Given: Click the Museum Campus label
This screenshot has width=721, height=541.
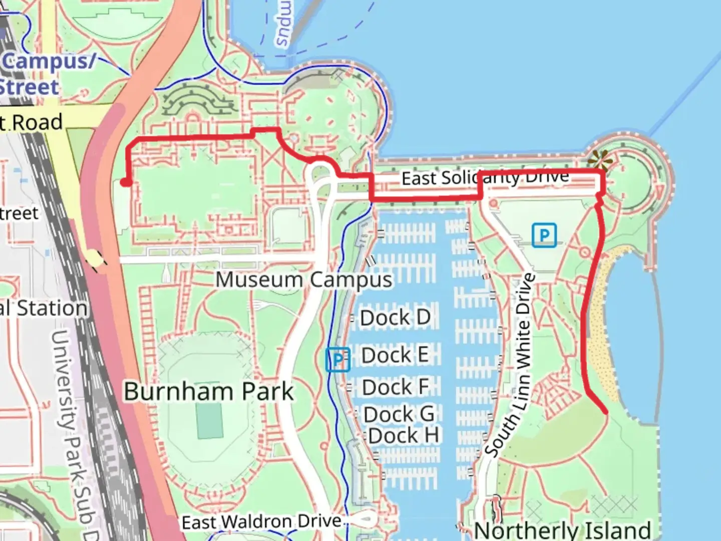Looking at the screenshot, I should (x=304, y=280).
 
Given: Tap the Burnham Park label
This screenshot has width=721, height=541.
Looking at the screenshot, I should (x=208, y=391).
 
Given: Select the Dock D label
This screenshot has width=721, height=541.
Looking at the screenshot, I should (x=395, y=318).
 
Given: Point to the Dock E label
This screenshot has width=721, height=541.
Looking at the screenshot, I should (x=395, y=355).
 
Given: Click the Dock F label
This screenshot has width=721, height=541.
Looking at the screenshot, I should (x=395, y=387).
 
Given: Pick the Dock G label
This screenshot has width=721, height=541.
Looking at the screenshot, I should (x=399, y=414).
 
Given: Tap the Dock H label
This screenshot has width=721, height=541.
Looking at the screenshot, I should (x=404, y=436).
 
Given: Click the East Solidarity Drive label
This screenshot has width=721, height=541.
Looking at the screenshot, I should (x=485, y=177).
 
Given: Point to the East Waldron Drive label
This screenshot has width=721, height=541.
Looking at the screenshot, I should (x=261, y=522).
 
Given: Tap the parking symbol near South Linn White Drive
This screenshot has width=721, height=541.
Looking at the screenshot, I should (x=544, y=235).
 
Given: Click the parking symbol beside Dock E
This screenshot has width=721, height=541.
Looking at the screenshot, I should (x=337, y=359).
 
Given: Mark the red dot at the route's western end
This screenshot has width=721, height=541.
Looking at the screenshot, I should (x=126, y=182).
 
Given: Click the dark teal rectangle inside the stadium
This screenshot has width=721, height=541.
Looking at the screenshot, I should (x=209, y=420).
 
